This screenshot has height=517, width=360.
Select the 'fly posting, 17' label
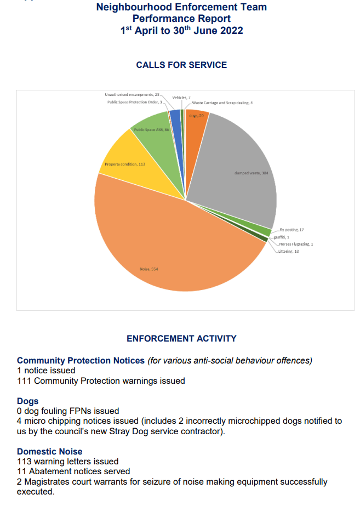click(292, 230)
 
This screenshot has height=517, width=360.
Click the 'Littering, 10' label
click(289, 251)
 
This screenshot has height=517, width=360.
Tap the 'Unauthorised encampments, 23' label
click(132, 95)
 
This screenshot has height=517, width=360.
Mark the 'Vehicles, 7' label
click(181, 98)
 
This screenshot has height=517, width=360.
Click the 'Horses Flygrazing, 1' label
click(296, 244)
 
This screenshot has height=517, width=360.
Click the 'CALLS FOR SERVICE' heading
click(181, 65)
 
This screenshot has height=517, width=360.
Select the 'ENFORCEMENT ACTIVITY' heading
click(181, 339)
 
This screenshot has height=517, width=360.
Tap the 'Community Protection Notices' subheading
click(81, 361)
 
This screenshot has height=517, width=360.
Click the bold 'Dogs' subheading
click(27, 401)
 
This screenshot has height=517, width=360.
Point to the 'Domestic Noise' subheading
click(50, 452)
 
